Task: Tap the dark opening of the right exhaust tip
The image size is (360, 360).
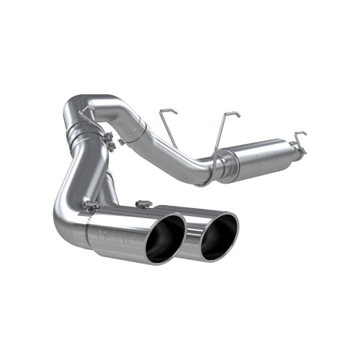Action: tap(218, 235)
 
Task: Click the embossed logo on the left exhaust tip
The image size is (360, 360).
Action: tap(112, 234)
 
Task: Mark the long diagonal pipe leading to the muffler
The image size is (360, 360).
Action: tap(176, 148)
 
